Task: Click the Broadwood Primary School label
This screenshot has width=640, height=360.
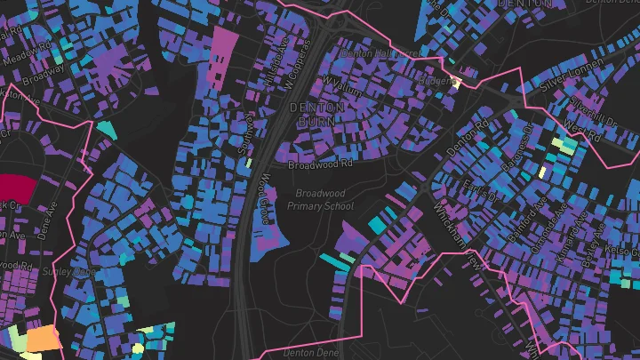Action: (320, 200)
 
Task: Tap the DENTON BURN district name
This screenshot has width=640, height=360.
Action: (311, 113)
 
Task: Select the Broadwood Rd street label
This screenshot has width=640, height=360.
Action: (321, 164)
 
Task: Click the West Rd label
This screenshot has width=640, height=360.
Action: (583, 132)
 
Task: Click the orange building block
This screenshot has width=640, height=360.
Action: (43, 340)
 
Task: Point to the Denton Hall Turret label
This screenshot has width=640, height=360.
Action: (380, 54)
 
